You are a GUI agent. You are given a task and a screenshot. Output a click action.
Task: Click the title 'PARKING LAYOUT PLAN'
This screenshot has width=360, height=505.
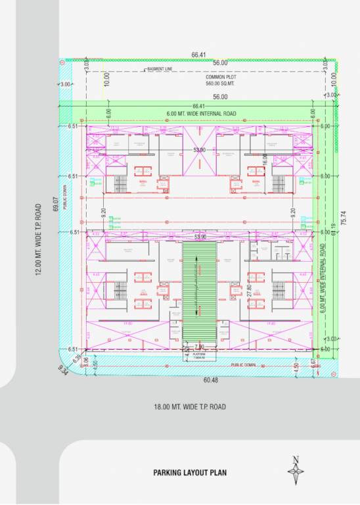pyautogui.click(x=189, y=472)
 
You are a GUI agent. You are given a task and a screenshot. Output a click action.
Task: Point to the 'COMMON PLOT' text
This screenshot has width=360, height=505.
pyautogui.click(x=220, y=77)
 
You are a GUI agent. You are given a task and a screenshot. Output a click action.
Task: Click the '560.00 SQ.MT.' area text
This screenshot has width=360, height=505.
pyautogui.click(x=220, y=84)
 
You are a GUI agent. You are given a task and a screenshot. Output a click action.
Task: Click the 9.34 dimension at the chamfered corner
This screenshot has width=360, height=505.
pyautogui.click(x=64, y=373)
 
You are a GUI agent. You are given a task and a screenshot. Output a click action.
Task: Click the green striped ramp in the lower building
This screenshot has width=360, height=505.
pyautogui.click(x=198, y=293)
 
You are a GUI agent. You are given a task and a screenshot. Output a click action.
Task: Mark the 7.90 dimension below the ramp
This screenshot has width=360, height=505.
pyautogui.click(x=199, y=346)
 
